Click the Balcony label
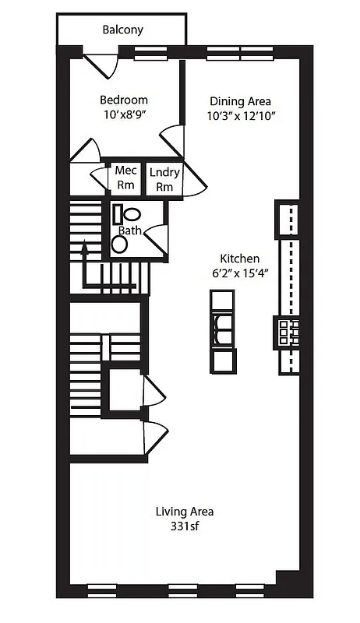(123, 30)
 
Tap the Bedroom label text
(123, 100)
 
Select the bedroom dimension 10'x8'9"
(123, 114)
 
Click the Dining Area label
(240, 101)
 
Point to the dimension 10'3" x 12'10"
(241, 115)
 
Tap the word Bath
(129, 231)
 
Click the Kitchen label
(239, 259)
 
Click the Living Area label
(184, 512)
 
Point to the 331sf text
(184, 526)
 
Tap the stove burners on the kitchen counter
(285, 332)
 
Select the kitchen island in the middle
(223, 331)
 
